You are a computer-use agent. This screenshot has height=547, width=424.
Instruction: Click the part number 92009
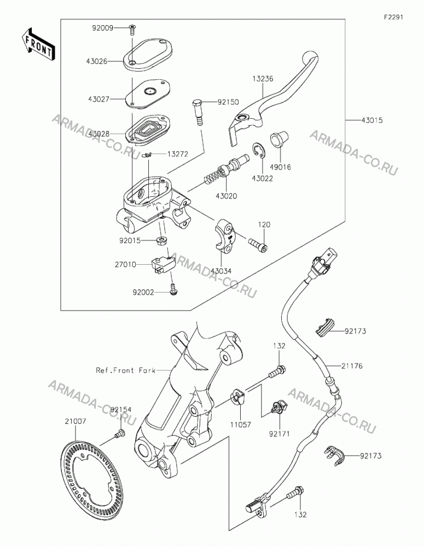103,28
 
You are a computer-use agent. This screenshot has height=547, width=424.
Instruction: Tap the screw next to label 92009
132,30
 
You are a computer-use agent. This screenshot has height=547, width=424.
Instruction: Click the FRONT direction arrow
38,44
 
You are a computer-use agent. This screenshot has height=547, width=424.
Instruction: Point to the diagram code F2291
394,17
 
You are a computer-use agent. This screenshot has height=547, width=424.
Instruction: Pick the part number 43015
372,120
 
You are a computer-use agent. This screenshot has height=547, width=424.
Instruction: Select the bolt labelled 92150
198,112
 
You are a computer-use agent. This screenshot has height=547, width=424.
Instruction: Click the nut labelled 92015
162,240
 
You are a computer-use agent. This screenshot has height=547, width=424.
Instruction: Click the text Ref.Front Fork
126,370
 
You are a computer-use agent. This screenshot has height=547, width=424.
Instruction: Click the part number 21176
352,366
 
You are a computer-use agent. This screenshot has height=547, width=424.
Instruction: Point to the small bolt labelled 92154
120,434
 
